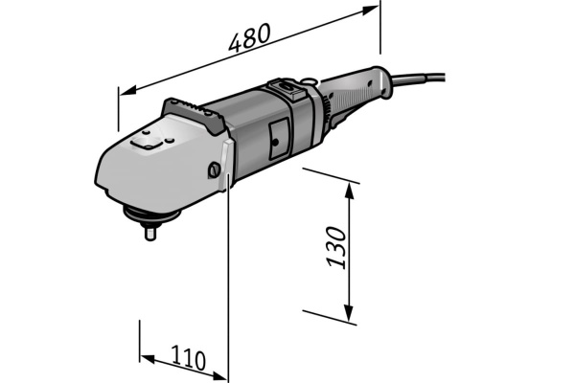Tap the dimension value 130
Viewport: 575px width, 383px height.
[334, 247]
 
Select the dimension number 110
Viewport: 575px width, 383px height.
[189, 360]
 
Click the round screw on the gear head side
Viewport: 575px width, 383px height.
[213, 169]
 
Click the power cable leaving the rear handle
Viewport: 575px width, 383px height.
[431, 74]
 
